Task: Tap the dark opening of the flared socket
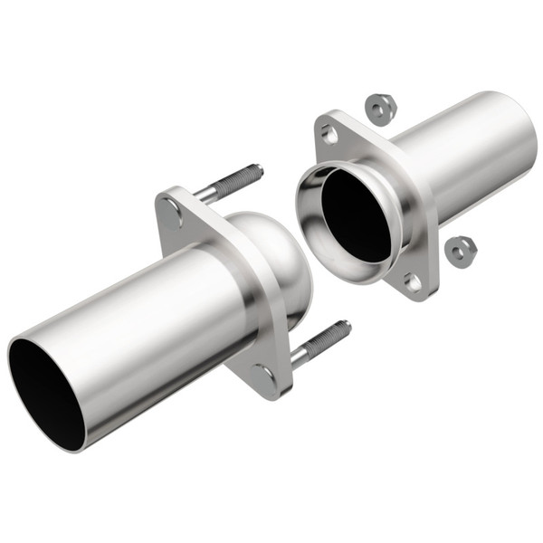pos(355,212)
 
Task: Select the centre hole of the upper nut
pos(378,109)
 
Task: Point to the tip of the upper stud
pos(260,167)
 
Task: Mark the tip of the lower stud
pos(346,325)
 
